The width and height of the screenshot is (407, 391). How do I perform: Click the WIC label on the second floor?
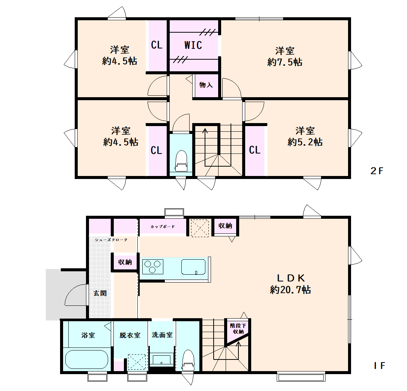point(193,45)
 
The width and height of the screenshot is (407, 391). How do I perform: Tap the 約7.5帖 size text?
point(285,62)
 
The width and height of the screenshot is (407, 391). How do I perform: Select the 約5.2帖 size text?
point(305,142)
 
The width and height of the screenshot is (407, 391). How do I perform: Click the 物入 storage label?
point(206,85)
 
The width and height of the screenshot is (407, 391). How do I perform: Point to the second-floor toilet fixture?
point(181,161)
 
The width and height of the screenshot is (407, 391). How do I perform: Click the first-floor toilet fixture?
point(188,360)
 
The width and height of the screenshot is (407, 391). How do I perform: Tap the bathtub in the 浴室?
point(86,359)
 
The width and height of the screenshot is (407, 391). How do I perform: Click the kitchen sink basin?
point(193,267)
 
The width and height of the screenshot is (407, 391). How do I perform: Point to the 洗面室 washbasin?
point(162,360)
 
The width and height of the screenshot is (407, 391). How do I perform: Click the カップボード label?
point(163,227)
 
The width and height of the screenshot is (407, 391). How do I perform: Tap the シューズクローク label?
point(111,240)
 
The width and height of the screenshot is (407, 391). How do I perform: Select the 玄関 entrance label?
point(100,293)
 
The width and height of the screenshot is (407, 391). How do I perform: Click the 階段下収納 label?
point(238,329)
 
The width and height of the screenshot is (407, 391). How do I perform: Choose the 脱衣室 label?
point(130,335)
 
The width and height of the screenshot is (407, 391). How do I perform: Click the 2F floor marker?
point(377,171)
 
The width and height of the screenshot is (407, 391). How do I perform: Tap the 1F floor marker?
point(380,366)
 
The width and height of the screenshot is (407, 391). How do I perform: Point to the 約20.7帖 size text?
point(291,290)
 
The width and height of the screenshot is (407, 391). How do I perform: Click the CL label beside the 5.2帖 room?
point(255,150)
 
